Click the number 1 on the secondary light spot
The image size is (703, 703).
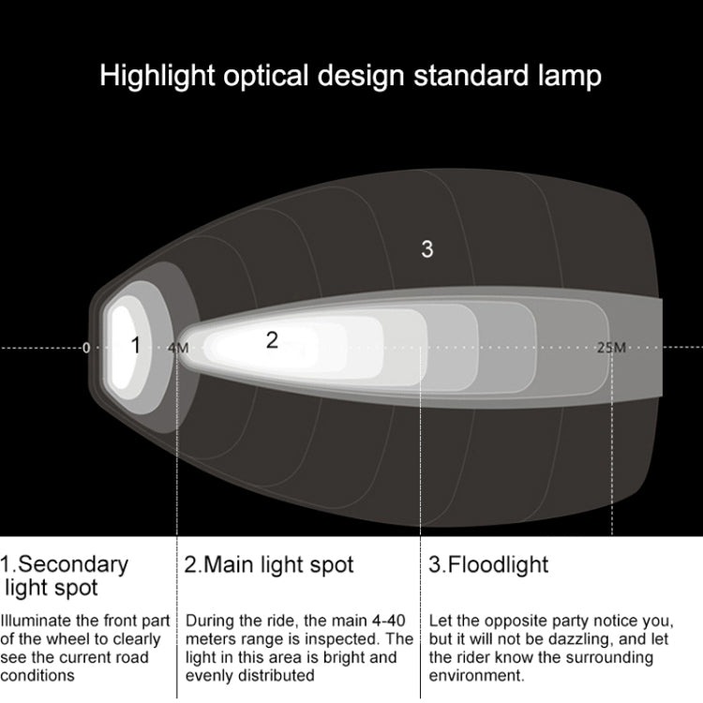pos(135,346)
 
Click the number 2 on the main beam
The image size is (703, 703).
pos(272,340)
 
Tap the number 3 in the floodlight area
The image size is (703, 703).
pos(427,249)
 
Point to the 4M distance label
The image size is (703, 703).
pos(177,348)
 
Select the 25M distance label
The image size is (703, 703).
pos(611,348)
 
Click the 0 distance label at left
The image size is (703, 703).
pos(86,348)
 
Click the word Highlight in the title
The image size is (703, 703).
pos(157,76)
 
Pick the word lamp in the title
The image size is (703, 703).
pos(566,76)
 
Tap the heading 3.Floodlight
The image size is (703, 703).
pos(489,565)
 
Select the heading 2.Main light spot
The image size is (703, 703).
pos(269,565)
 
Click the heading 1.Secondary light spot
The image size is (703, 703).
pos(64,576)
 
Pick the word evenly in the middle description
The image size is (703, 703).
pos(212,676)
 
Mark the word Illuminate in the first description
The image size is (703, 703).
pos(37,621)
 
